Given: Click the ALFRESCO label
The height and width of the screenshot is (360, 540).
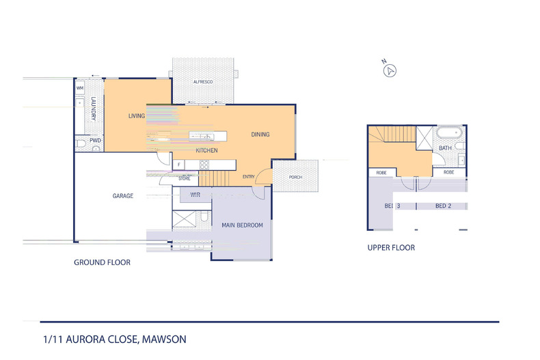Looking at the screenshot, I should click(x=203, y=82).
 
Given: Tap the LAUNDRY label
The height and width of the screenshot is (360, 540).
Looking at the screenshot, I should click(x=94, y=109).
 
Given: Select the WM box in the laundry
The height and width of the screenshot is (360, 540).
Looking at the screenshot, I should click(x=79, y=88).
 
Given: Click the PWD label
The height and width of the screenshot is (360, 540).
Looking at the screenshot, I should click(x=95, y=141).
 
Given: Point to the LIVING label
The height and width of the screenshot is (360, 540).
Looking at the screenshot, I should click(x=137, y=116).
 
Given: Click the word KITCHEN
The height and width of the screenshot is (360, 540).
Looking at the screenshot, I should click(x=206, y=150).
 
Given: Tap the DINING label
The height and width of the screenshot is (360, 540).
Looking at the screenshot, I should click(x=260, y=135).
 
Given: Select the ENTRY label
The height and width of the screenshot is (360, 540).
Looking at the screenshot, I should click(x=249, y=178).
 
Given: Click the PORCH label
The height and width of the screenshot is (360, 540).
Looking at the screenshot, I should click(x=295, y=177).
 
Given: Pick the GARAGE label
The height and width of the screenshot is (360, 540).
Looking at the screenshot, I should click(x=123, y=196).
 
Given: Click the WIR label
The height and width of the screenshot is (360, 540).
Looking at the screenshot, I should click(x=195, y=195).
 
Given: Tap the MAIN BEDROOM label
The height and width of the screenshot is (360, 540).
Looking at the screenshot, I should click(x=242, y=225).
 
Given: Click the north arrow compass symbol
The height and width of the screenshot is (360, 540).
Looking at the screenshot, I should click(x=390, y=70).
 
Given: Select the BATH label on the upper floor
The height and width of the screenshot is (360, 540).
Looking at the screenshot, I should click(x=445, y=148).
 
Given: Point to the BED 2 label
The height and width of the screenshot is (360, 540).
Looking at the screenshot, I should click(x=444, y=206).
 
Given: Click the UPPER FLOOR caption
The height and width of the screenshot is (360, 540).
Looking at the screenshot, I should click(x=391, y=247).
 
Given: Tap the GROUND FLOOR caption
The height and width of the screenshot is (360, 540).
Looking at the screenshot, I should click(x=102, y=262).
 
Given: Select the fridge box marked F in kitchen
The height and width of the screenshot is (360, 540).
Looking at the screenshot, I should click(x=178, y=165).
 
